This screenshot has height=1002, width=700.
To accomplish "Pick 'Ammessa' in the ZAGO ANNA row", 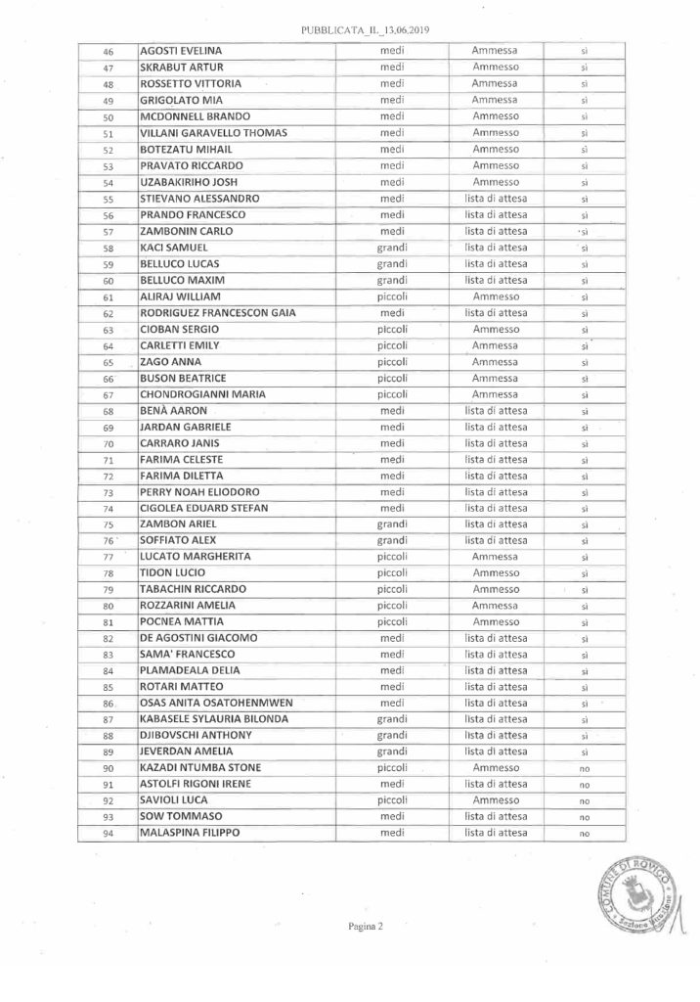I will (x=495, y=362).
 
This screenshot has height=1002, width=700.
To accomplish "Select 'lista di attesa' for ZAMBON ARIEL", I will (x=495, y=524).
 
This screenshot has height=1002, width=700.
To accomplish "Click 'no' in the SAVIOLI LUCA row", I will (x=583, y=800).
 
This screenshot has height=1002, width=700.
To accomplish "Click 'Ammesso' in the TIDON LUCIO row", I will (x=495, y=573).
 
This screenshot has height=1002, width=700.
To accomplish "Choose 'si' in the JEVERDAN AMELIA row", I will (x=583, y=751).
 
